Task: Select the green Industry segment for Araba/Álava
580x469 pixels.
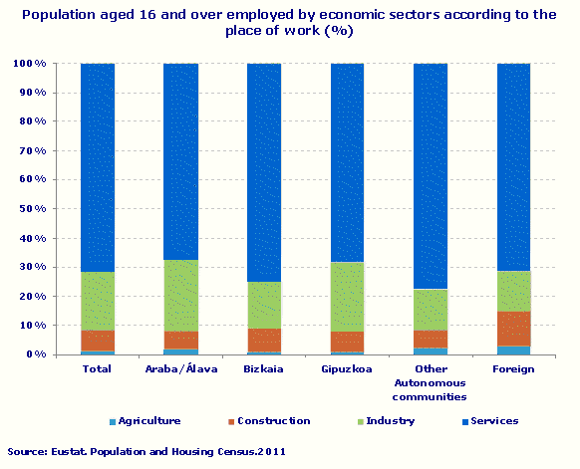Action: (x=180, y=296)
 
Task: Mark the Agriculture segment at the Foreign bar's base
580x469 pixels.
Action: (x=513, y=350)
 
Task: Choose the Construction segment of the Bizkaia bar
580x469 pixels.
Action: (x=264, y=340)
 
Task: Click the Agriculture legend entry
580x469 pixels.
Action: (x=144, y=421)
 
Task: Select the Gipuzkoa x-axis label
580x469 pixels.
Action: (x=347, y=369)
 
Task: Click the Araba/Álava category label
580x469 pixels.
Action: (x=180, y=369)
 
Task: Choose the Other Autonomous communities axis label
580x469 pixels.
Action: (x=431, y=382)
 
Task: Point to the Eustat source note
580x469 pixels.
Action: (x=146, y=452)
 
